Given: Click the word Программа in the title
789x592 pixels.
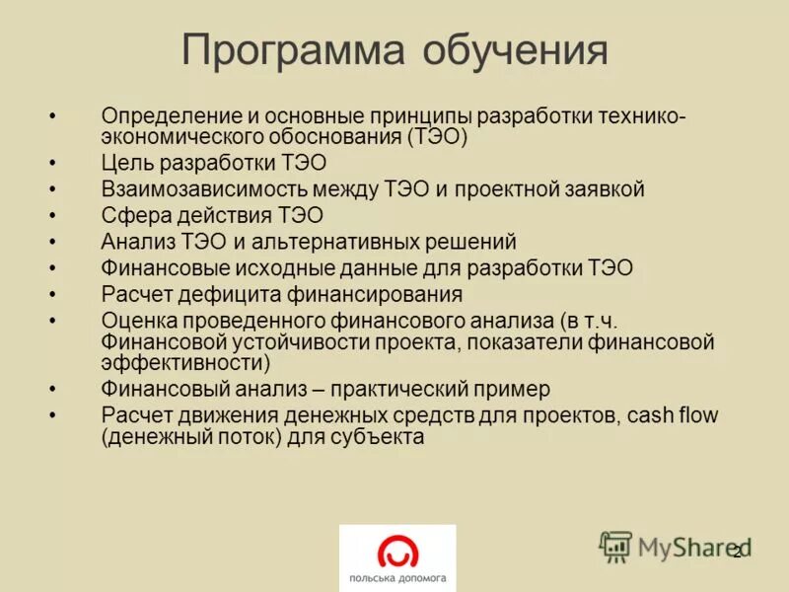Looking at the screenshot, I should coord(293,50).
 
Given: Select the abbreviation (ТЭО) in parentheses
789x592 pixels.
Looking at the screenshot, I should coord(435,137).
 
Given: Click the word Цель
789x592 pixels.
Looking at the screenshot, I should coord(126,163).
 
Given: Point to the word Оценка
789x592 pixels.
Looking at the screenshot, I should coord(137,321).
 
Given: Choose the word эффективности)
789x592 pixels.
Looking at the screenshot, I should coord(185,362).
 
